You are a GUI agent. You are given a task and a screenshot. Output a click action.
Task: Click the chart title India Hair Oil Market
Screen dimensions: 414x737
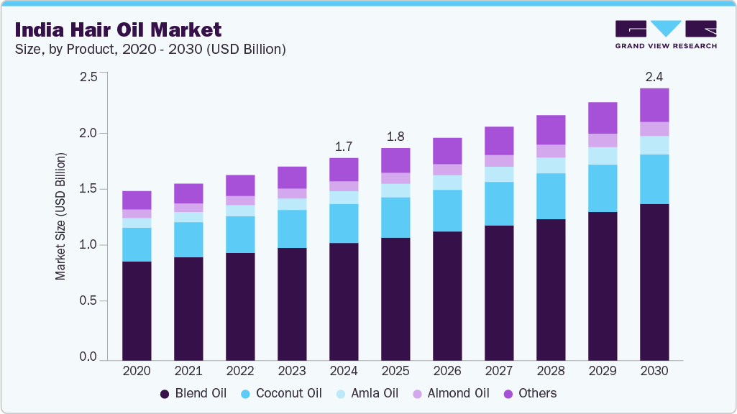[118, 29]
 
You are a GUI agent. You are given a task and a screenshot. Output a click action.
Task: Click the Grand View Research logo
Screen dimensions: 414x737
[665, 34]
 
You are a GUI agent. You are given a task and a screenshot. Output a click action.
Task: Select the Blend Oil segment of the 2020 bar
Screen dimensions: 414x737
[137, 310]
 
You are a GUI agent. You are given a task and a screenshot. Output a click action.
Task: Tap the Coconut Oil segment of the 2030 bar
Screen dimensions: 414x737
[654, 180]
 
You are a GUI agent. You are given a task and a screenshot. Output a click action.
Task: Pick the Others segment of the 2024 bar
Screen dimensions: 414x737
[344, 170]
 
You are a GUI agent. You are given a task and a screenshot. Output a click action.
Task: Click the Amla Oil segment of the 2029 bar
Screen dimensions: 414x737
[603, 156]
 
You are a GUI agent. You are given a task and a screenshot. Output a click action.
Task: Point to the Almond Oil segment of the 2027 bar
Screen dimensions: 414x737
[499, 161]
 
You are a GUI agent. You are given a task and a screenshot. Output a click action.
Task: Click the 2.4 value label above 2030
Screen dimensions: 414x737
[654, 75]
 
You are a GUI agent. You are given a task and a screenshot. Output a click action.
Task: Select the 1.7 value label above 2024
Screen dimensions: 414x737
[344, 147]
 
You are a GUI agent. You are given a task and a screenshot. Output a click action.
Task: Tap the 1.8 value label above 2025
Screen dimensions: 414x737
[395, 137]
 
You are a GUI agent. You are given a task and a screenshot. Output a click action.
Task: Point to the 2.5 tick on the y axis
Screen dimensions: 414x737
[88, 77]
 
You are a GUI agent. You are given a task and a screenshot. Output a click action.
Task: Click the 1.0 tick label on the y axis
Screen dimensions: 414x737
[88, 245]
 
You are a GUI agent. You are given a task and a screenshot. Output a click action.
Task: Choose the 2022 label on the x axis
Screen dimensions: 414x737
[240, 371]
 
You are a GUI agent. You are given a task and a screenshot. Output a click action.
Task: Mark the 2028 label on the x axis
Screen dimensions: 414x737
[551, 371]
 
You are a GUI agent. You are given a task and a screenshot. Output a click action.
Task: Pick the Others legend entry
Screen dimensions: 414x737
[530, 393]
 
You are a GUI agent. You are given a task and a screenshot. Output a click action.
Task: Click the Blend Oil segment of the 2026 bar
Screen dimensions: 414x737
[447, 295]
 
